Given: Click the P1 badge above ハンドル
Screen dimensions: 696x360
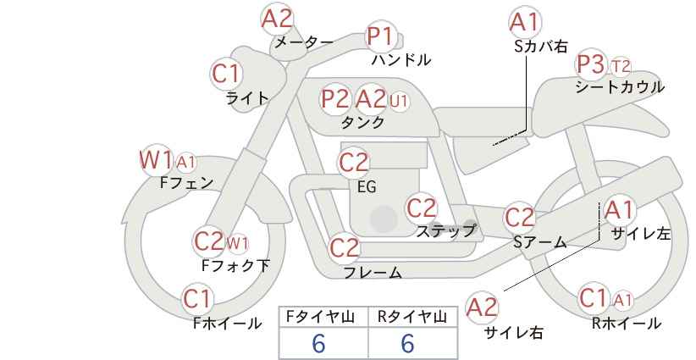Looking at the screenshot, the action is (x=380, y=36).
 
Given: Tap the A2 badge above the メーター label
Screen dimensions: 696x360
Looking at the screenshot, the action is (x=277, y=19).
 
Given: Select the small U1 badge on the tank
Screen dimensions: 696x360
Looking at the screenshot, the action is (x=398, y=102).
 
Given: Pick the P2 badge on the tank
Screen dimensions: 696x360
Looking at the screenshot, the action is (x=334, y=99).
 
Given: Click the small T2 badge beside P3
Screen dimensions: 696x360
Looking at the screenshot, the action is (x=620, y=67).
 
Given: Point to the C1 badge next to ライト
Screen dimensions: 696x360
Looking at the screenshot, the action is (x=226, y=74).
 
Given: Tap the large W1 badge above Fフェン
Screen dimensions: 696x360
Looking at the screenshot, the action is (x=155, y=160).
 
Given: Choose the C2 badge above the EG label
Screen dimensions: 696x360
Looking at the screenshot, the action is (x=353, y=163).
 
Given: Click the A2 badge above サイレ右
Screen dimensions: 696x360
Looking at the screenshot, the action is (x=482, y=307).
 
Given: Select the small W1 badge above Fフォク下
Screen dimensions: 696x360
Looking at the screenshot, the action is (x=237, y=243).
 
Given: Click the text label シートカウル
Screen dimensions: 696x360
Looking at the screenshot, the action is (x=620, y=87).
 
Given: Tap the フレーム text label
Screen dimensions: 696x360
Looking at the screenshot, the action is (x=373, y=273).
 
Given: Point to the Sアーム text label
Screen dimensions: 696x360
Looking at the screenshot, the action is (x=540, y=242).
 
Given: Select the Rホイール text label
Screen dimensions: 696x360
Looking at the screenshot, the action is (x=627, y=324).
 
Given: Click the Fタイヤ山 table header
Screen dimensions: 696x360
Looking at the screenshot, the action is (x=320, y=317).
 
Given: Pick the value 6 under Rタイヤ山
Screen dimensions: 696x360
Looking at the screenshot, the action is (x=407, y=343).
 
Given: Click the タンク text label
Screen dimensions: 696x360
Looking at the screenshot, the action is (x=362, y=122).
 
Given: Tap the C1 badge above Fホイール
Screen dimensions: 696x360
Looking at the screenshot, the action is (x=197, y=299).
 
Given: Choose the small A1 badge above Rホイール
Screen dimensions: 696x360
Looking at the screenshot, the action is (x=623, y=301).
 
